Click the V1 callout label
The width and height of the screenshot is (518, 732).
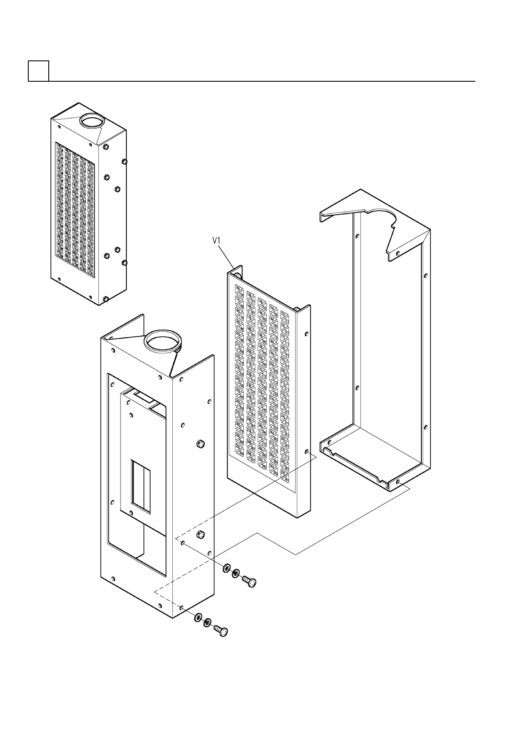click(x=217, y=240)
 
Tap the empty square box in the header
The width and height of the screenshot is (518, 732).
click(x=38, y=71)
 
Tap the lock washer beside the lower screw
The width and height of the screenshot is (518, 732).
click(x=208, y=622)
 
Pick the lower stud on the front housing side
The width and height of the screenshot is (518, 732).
click(x=201, y=534)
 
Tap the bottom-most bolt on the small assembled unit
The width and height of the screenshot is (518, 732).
click(x=106, y=299)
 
